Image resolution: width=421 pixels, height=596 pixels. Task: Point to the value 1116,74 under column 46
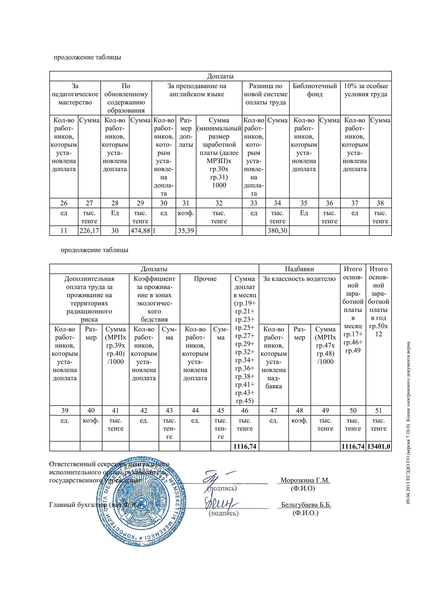[245, 446]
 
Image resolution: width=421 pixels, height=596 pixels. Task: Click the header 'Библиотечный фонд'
[315, 90]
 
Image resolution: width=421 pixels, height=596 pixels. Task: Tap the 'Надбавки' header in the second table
[300, 269]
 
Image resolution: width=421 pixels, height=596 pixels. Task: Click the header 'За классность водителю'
[300, 279]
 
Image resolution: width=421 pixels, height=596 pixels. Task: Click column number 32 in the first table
[219, 203]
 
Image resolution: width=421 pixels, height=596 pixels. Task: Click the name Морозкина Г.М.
[305, 480]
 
